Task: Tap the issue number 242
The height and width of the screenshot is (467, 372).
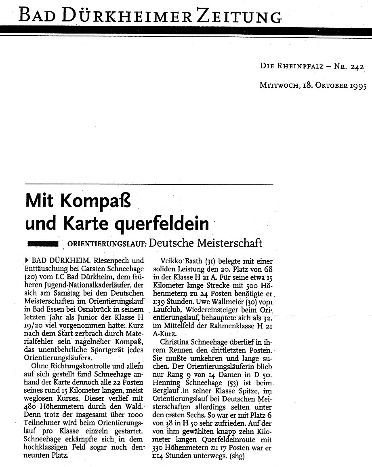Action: coord(357,68)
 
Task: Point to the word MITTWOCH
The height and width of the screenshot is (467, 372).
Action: coord(279,86)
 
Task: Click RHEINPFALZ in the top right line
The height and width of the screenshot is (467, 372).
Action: coord(298,68)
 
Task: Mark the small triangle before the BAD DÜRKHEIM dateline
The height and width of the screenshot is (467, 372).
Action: coord(27,261)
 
